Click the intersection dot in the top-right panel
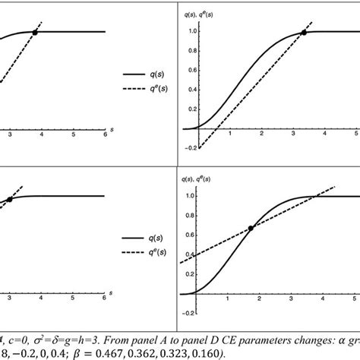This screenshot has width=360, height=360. (x=304, y=33)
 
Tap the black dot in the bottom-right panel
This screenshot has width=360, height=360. (x=251, y=227)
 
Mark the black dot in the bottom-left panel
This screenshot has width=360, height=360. (x=10, y=200)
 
